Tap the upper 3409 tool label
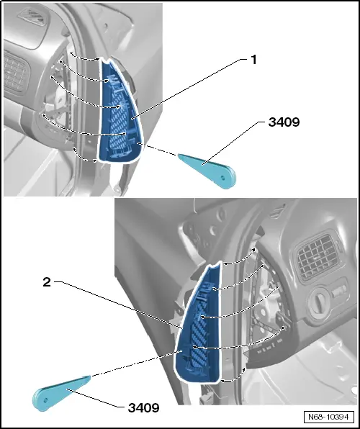point(283,122)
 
